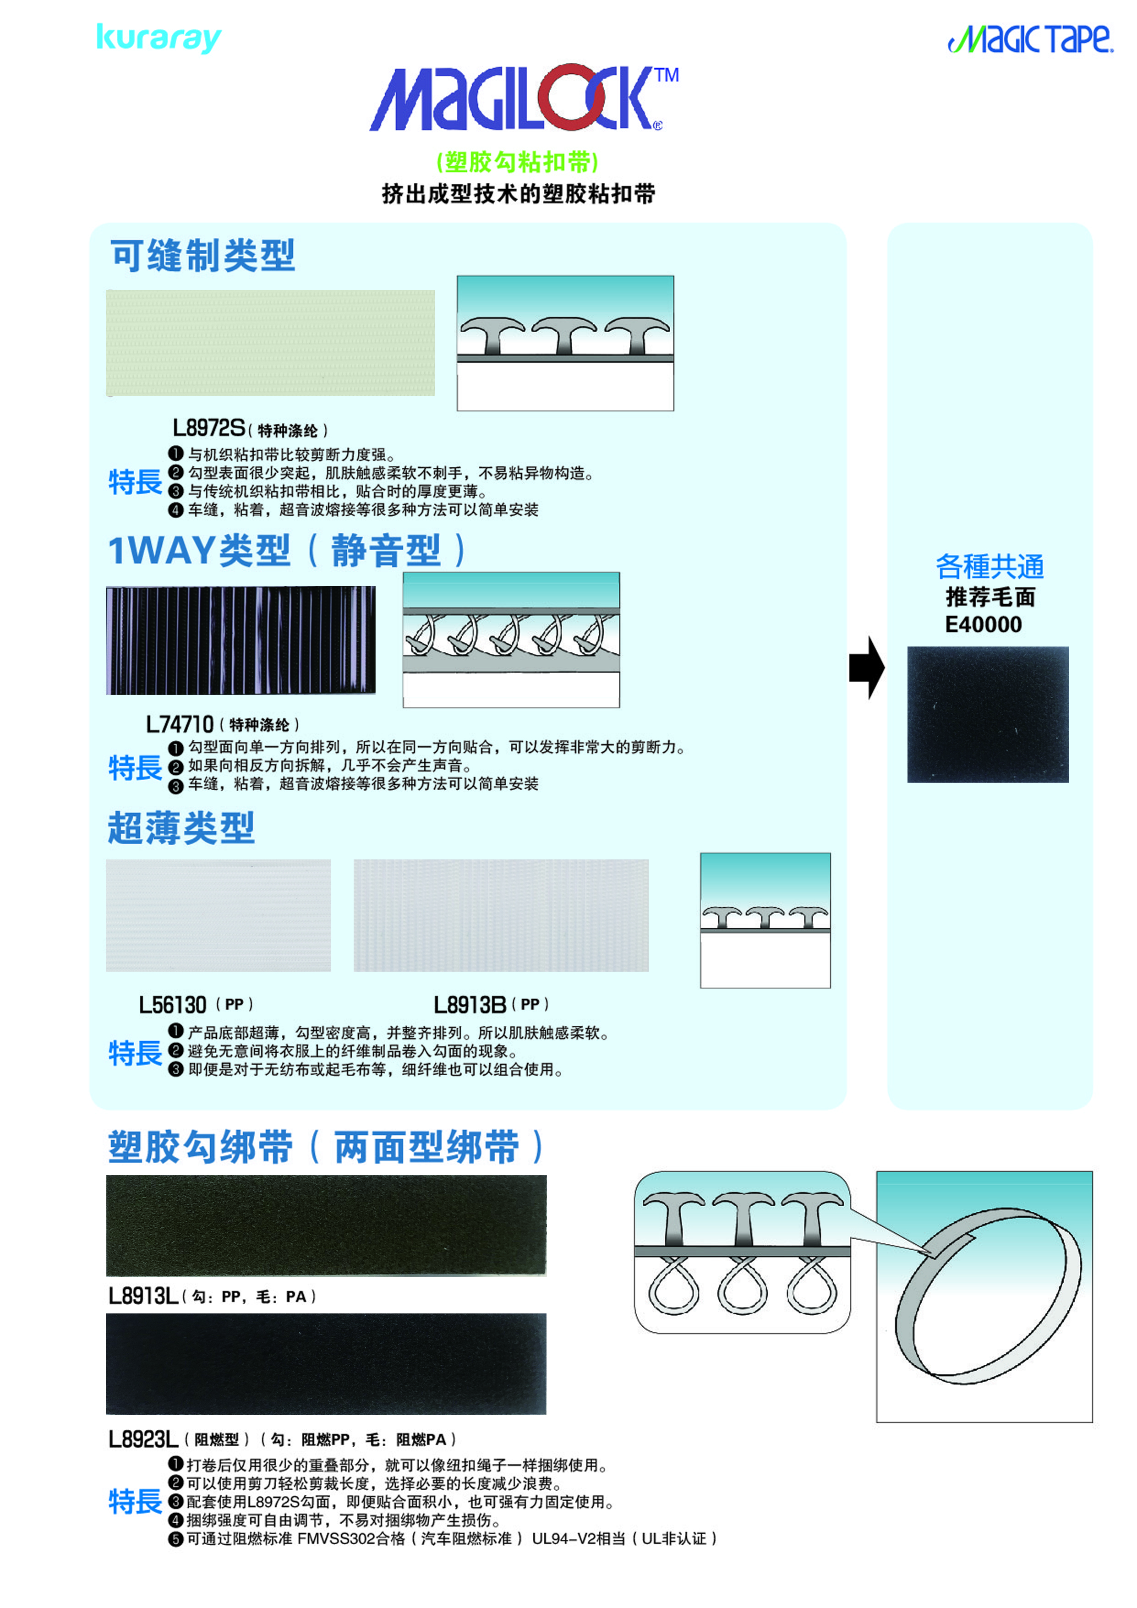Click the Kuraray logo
pos(159,38)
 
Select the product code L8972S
pos(208,427)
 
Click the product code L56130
pos(172,1005)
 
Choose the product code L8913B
pos(470,1005)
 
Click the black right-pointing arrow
pos(867,667)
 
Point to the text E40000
pos(984,624)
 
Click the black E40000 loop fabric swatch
pos(988,714)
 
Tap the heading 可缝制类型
pos(203,256)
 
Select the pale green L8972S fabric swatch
pos(270,343)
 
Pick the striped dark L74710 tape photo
pos(240,640)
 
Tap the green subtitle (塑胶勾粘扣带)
pos(517,162)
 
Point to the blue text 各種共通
pos(990,566)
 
